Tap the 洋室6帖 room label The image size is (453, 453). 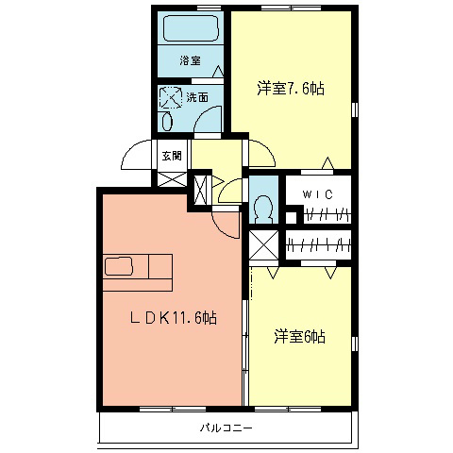coord(300,336)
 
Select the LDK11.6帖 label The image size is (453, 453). coord(173,319)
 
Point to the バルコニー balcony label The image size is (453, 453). coord(226,428)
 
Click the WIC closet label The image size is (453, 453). coord(314,194)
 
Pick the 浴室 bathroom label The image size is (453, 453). coord(191,61)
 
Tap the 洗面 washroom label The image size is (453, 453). coord(197,97)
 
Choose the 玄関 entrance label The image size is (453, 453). coord(170,156)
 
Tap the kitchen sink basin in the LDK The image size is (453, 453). coord(119,265)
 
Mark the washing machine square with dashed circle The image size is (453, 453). coord(171,96)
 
